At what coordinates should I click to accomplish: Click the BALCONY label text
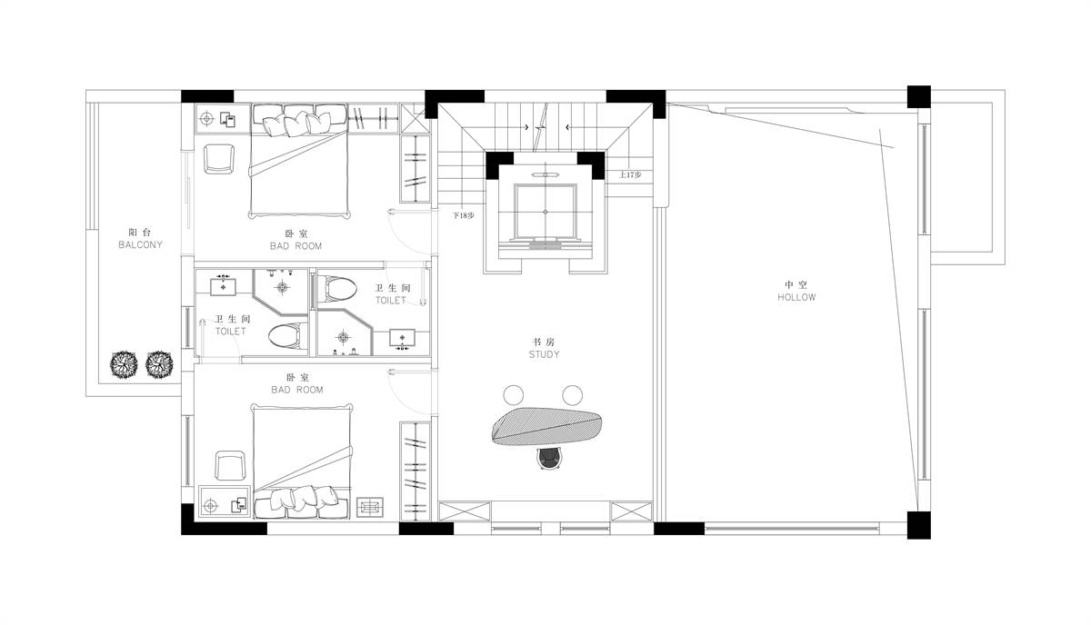pyautogui.click(x=140, y=245)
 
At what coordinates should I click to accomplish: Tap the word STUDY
pyautogui.click(x=544, y=354)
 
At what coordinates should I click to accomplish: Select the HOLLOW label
pyautogui.click(x=796, y=297)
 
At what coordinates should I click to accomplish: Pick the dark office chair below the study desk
pyautogui.click(x=549, y=459)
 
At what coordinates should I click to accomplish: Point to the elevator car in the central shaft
pyautogui.click(x=545, y=212)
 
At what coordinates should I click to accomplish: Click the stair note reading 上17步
pyautogui.click(x=630, y=174)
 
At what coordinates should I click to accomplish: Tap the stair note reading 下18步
pyautogui.click(x=463, y=215)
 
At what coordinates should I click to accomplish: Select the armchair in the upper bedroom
pyautogui.click(x=219, y=159)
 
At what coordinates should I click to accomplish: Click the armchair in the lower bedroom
pyautogui.click(x=230, y=466)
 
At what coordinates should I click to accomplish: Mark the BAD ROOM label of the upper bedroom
pyautogui.click(x=295, y=246)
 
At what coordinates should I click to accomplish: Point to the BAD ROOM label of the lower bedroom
pyautogui.click(x=297, y=390)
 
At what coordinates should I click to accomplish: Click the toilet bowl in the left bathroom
pyautogui.click(x=288, y=336)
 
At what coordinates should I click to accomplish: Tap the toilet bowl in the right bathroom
pyautogui.click(x=337, y=290)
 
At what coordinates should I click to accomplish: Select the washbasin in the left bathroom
pyautogui.click(x=223, y=286)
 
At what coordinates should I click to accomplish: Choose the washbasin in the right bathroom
pyautogui.click(x=402, y=338)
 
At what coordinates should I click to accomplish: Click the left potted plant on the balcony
pyautogui.click(x=124, y=364)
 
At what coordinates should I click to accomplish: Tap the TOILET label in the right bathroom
pyautogui.click(x=391, y=301)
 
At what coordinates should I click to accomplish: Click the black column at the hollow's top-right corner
pyautogui.click(x=918, y=97)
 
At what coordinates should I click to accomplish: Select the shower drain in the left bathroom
pyautogui.click(x=283, y=287)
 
